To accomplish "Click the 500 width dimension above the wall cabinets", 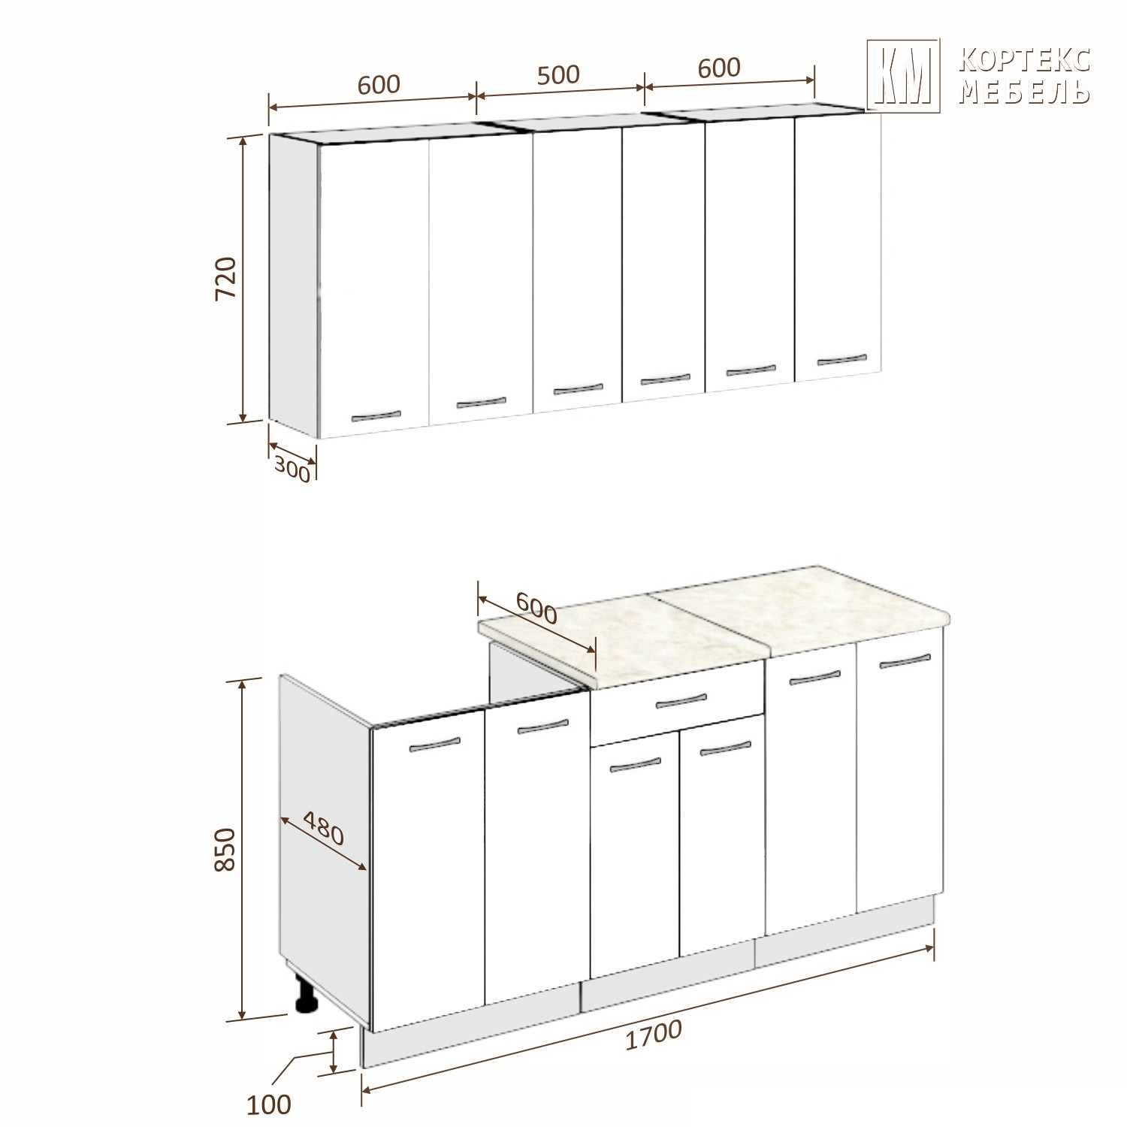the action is pos(558,74).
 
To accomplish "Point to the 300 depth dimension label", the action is pos(292,469).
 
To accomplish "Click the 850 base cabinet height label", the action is pos(225,850).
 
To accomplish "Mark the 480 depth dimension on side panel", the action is pos(324,827).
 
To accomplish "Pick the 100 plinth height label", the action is pos(268,1104).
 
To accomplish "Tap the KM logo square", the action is pos(903,75).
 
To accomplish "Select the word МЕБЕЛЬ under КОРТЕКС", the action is pos(1025,91).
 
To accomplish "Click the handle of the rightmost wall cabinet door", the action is pos(841,359).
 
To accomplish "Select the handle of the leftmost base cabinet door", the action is pos(434,745).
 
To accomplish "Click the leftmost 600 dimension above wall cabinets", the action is pos(379,84).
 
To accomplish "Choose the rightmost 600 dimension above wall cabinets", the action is pos(719,68).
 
